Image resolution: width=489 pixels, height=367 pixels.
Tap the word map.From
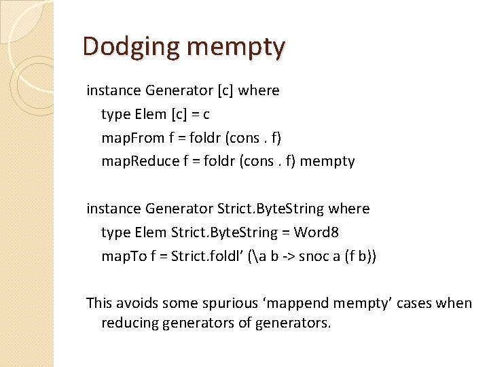133,138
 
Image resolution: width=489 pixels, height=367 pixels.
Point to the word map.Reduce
140,161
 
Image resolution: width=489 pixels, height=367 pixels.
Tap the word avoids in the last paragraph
138,303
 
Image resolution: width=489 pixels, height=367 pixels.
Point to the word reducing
128,323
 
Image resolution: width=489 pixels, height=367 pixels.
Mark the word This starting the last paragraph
99,303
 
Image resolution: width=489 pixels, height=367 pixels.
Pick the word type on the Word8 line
116,232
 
